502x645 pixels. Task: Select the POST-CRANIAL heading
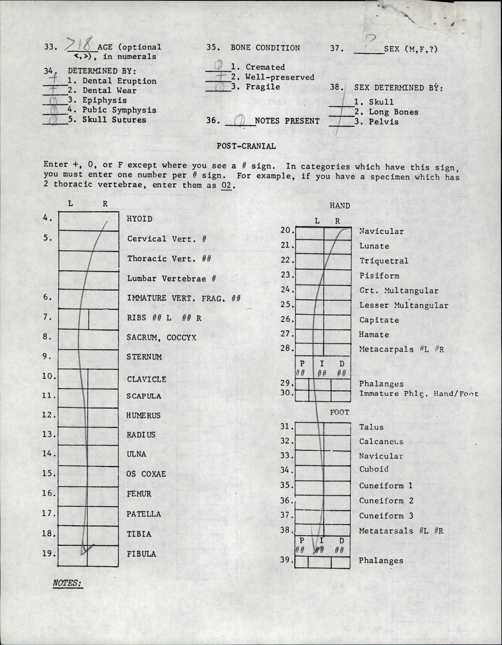click(x=246, y=146)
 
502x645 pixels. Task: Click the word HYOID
click(x=140, y=219)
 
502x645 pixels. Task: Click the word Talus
click(x=371, y=427)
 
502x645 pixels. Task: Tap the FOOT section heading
click(x=339, y=412)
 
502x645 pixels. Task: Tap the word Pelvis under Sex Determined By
click(x=384, y=122)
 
